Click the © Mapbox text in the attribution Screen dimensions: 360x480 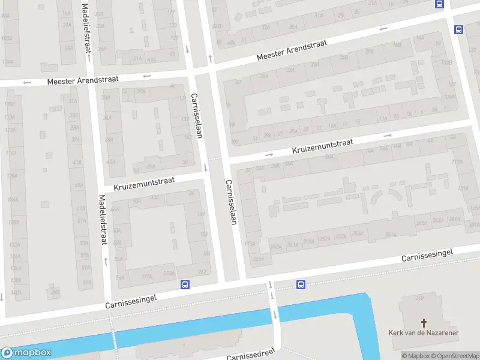(x=415, y=356)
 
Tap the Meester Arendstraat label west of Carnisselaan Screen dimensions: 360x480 (x=83, y=80)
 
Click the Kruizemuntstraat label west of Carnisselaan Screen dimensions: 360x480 (x=140, y=180)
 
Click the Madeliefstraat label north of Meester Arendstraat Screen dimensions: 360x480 (x=86, y=27)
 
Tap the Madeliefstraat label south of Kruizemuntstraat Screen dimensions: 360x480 (x=102, y=220)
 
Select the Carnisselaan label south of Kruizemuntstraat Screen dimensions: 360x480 (x=230, y=202)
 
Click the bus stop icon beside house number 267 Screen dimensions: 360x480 (x=185, y=285)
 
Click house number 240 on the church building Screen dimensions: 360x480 (x=419, y=298)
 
